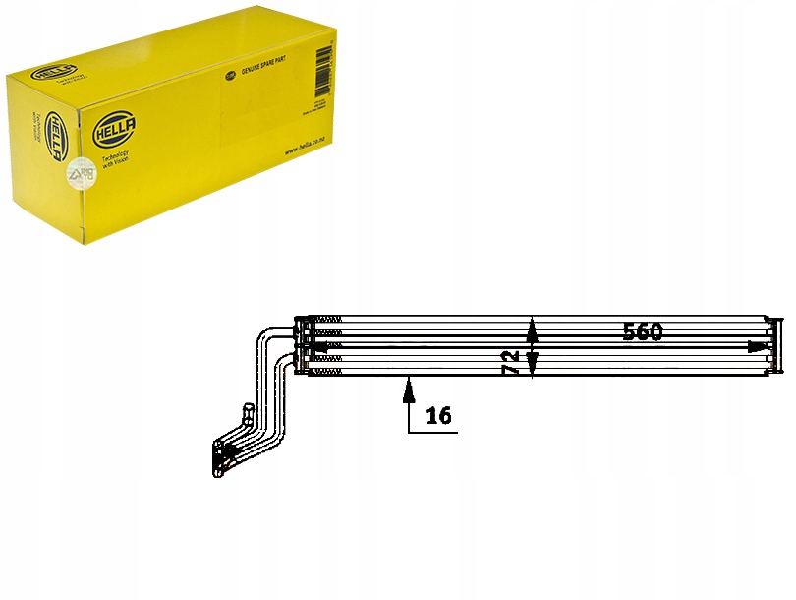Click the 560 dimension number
tap(643, 331)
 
